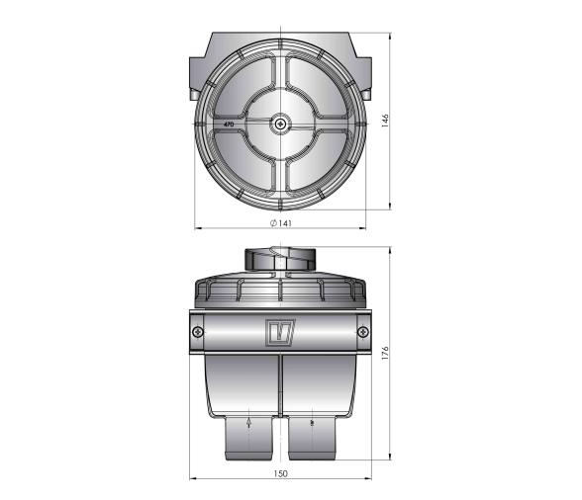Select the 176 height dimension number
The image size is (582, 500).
(x=386, y=352)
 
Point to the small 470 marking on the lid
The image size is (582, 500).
(x=229, y=125)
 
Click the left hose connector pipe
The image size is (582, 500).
(x=248, y=436)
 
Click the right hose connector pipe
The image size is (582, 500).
(x=315, y=436)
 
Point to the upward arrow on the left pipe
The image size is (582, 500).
(x=248, y=423)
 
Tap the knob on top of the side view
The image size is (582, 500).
(x=281, y=260)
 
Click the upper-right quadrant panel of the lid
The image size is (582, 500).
(x=321, y=87)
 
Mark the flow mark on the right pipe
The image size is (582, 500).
(x=313, y=423)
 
